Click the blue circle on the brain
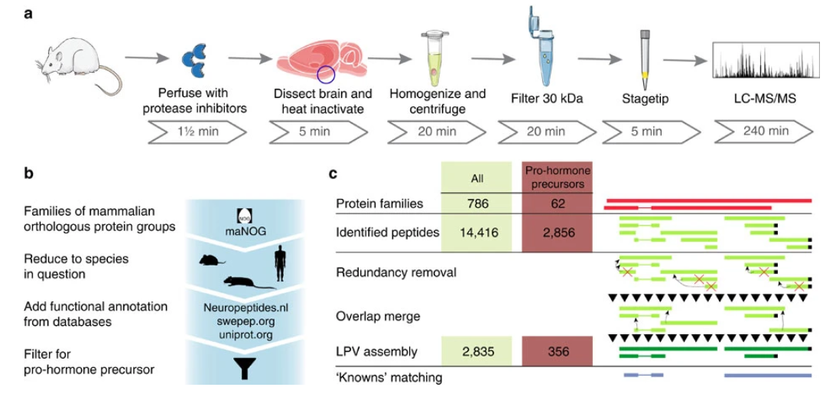point(326,74)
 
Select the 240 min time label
point(766,132)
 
